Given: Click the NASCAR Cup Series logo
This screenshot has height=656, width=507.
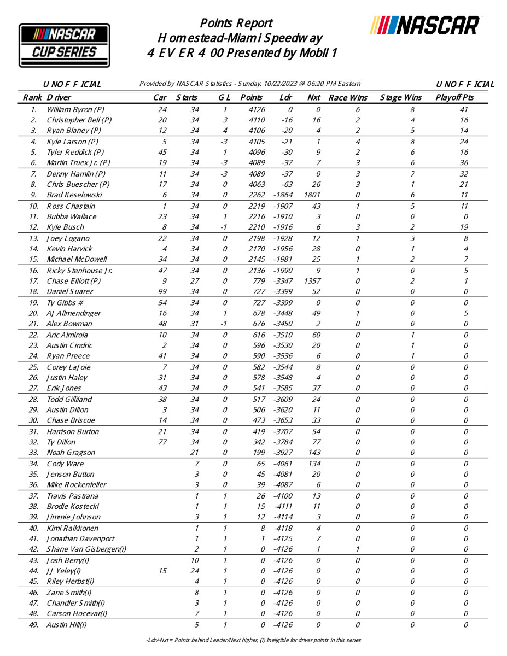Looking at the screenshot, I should [x=65, y=45].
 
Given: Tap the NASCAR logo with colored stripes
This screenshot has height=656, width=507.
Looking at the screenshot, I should [x=425, y=25].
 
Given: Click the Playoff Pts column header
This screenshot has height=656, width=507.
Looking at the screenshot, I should [x=454, y=98].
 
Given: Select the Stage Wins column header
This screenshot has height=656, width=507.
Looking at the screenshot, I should [x=401, y=98].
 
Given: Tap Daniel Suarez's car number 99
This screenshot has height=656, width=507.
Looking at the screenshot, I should [x=162, y=291].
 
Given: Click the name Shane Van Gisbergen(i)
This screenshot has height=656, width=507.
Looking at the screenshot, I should [x=86, y=549].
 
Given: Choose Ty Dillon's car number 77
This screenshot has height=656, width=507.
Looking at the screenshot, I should [x=162, y=442].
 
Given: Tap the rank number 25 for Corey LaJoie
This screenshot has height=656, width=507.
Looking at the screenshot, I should [x=34, y=367].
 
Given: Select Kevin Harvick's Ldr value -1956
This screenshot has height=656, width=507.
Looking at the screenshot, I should [x=283, y=249].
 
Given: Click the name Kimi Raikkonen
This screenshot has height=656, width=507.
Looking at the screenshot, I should [x=73, y=528].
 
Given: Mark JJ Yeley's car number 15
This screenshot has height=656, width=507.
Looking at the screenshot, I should [x=162, y=571].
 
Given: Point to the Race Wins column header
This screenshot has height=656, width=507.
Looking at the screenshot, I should [x=348, y=98].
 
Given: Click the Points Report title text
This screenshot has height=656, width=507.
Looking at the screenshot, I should [x=236, y=23].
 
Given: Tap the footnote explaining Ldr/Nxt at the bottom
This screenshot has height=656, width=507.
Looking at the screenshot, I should [x=254, y=640].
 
